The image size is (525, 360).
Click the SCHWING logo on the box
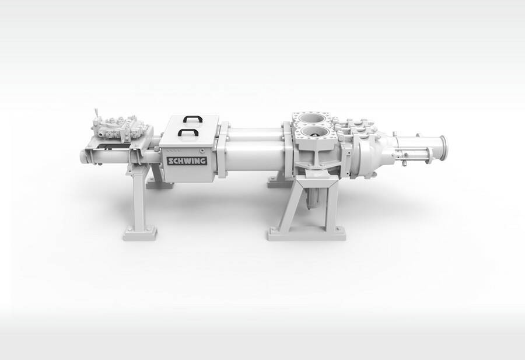pyautogui.click(x=187, y=161)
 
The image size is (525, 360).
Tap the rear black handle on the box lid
pyautogui.click(x=192, y=118)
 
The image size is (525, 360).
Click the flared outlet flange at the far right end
pyautogui.click(x=442, y=150)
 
